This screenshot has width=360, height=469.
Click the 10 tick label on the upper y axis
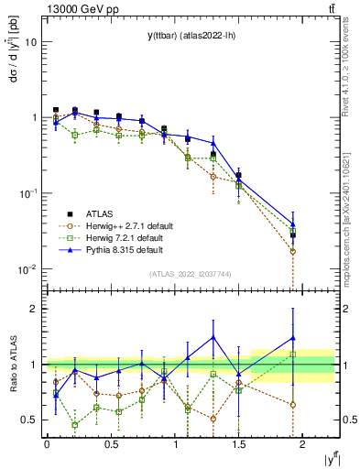tap(31, 42)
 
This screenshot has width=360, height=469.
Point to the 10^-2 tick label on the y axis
tap(27, 268)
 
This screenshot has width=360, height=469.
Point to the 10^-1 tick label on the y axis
tap(27, 192)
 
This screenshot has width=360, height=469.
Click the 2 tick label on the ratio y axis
tap(33, 309)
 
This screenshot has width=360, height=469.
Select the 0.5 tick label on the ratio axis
tap(28, 420)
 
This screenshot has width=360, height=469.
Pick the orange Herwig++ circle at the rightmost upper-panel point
tap(293, 251)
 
